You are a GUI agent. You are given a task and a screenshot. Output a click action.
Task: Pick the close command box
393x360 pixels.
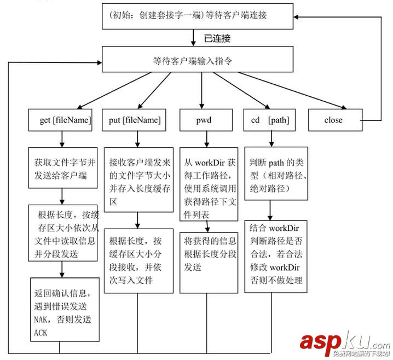[x=333, y=120]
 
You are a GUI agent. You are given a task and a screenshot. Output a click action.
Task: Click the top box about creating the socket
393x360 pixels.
[x=195, y=16]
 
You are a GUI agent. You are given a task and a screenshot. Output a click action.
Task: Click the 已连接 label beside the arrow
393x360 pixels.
[x=217, y=38]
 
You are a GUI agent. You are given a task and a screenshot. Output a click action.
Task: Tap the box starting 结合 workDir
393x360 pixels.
[x=276, y=254]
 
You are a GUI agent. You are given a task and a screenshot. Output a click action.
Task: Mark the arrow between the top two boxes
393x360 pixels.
[x=194, y=37]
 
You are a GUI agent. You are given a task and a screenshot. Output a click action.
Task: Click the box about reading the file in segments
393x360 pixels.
[x=63, y=233]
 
